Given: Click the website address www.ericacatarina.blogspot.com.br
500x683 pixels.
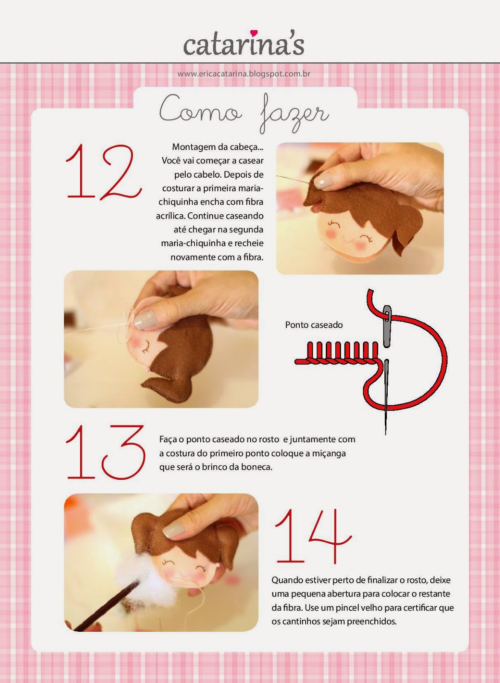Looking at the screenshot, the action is [x=244, y=74].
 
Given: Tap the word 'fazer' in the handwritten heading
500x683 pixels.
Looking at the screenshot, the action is [x=293, y=114].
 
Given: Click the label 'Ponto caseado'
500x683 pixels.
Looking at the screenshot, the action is [x=314, y=325].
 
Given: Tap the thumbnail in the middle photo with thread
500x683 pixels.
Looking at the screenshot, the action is [x=145, y=319].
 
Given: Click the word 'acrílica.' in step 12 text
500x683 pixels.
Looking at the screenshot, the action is [x=171, y=216].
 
